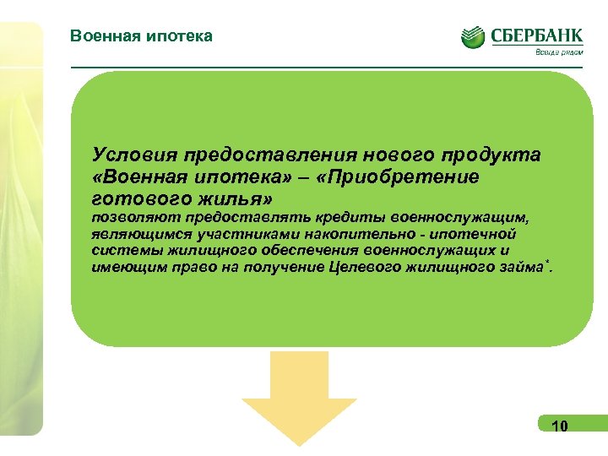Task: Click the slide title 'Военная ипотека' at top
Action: pos(142,35)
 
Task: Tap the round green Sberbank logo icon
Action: pos(473,36)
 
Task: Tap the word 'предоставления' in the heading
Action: pos(263,155)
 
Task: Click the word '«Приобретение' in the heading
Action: pos(407,176)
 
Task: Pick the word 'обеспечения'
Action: pos(309,251)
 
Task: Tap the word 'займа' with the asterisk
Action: pos(522,268)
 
